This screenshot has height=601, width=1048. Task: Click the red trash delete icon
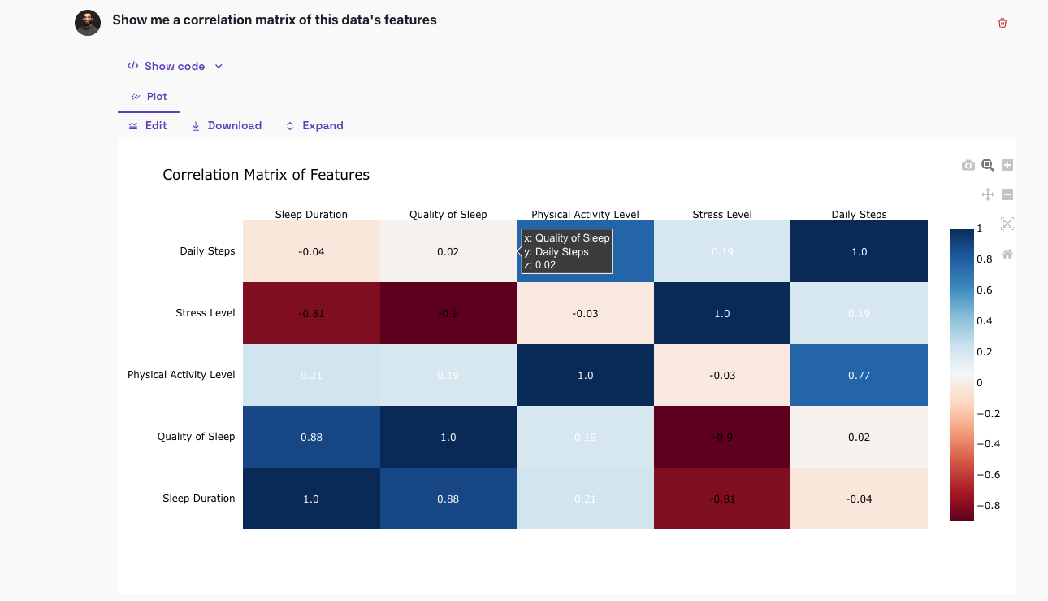(1002, 23)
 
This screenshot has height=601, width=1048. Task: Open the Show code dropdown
(175, 66)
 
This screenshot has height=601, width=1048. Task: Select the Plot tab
(149, 97)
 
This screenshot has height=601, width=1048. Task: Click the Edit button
(148, 126)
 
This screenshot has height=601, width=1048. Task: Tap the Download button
(226, 126)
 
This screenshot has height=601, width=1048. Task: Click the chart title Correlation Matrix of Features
(266, 175)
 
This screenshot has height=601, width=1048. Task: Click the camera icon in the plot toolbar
(968, 165)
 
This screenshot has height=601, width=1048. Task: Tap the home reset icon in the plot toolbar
(1007, 254)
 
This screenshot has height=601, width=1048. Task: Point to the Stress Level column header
(721, 215)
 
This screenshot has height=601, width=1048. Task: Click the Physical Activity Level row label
(181, 375)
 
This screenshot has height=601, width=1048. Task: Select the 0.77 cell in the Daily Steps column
(859, 375)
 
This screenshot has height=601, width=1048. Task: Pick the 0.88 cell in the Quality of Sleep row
(311, 437)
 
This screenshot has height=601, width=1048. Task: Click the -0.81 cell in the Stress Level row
(311, 313)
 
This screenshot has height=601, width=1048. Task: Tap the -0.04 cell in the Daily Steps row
(311, 251)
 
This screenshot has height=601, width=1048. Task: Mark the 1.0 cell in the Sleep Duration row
(311, 499)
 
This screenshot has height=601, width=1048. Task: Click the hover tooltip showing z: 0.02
(566, 251)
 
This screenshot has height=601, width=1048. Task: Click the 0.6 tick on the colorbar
(983, 290)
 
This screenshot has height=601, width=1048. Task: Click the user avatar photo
(88, 23)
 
